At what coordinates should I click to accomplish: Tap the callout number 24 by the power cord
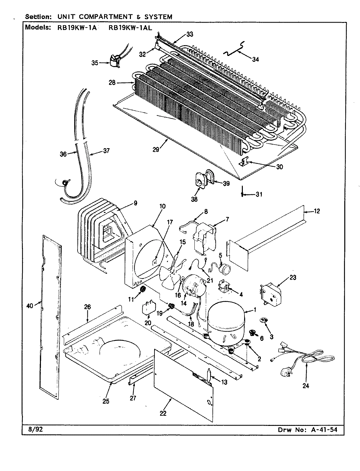pos(305,386)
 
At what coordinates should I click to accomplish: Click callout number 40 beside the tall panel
pos(30,306)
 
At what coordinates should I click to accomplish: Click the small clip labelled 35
pos(114,62)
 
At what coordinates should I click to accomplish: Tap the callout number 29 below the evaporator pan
pos(156,149)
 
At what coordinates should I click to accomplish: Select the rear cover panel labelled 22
pos(183,383)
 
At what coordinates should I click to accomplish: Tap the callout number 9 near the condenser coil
pos(135,203)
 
